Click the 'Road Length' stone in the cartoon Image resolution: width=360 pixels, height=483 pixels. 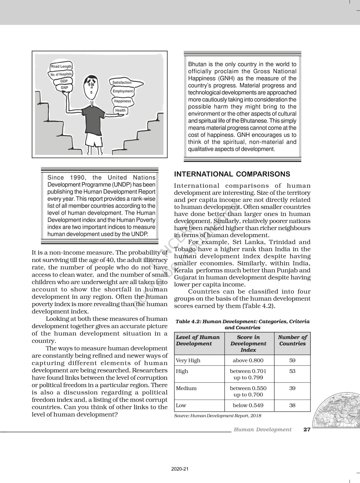click(x=61, y=66)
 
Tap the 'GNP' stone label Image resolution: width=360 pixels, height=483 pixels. click(x=64, y=88)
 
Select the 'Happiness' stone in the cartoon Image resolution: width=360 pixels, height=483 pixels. click(x=122, y=101)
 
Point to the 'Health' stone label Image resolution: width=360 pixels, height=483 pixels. click(x=120, y=111)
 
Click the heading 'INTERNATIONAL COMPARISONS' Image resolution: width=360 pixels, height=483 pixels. click(x=232, y=174)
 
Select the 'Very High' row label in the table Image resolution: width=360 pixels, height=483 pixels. click(x=188, y=360)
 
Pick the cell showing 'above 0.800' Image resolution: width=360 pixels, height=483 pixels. click(x=248, y=360)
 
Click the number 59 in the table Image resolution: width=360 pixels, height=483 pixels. click(x=292, y=360)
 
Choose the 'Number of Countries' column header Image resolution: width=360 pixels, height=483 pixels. click(x=292, y=340)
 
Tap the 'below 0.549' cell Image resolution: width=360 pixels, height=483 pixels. click(x=248, y=405)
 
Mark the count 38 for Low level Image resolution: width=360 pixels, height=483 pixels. click(x=292, y=405)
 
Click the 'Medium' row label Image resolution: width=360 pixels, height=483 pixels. click(x=186, y=388)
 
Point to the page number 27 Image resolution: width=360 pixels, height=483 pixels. click(x=307, y=430)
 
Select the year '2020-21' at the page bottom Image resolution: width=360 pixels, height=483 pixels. click(x=180, y=469)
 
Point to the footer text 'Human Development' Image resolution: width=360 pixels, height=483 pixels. click(x=262, y=430)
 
